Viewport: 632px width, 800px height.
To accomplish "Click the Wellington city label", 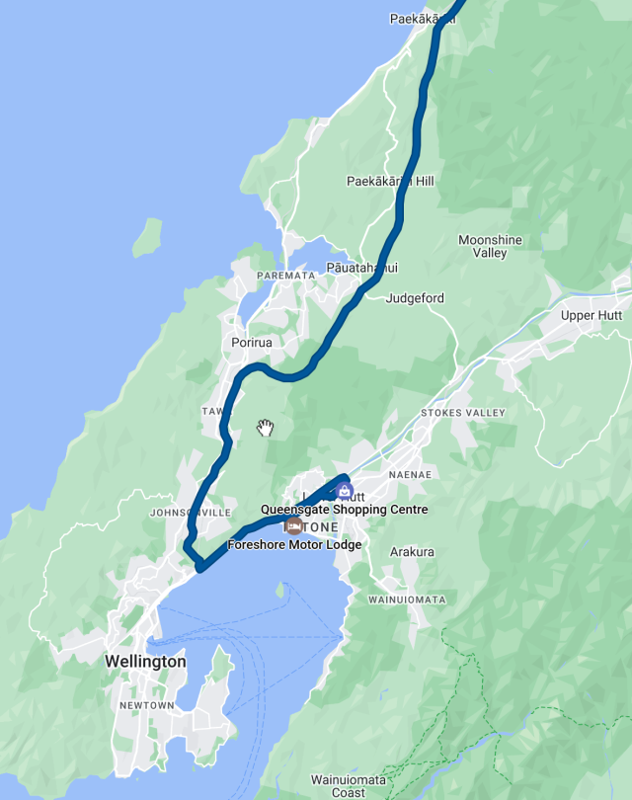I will click(144, 661).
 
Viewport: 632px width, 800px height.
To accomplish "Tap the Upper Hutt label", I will click(592, 316).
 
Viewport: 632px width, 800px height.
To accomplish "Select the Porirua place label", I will click(251, 343).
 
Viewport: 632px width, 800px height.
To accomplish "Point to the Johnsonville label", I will click(190, 514).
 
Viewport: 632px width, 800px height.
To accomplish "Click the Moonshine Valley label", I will click(489, 247).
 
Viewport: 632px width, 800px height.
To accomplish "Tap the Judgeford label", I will click(416, 298).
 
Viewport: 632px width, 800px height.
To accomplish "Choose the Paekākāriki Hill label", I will click(390, 182).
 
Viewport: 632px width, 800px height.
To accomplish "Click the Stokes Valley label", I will click(462, 413).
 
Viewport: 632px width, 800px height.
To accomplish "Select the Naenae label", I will click(411, 475).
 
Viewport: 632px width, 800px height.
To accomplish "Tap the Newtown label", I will click(147, 705).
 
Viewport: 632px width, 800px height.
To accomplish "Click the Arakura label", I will click(412, 552).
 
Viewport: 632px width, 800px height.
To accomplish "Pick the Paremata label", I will click(285, 276).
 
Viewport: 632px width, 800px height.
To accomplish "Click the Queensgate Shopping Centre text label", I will click(344, 510).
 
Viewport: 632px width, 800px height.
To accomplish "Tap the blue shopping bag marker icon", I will click(344, 491).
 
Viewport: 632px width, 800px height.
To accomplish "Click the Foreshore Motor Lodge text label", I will click(294, 544).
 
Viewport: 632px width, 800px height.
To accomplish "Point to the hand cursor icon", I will click(265, 428).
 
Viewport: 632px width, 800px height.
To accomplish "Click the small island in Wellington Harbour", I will click(280, 592).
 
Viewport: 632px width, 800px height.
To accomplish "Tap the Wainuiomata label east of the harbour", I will click(406, 600).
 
